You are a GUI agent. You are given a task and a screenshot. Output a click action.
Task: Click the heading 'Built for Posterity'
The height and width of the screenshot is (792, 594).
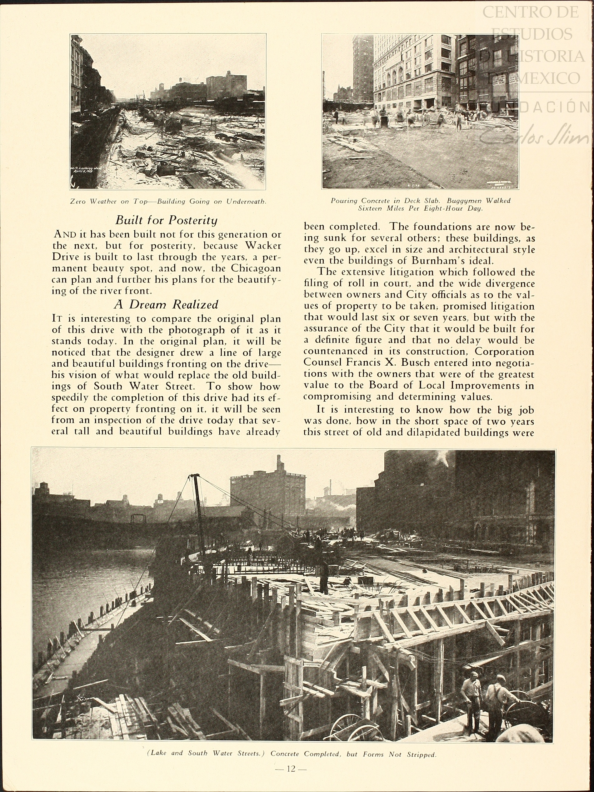167,220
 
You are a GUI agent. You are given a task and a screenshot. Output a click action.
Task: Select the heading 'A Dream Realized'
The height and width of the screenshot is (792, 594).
166,304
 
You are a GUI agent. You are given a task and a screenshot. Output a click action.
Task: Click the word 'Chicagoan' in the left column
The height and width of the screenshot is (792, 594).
256,268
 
